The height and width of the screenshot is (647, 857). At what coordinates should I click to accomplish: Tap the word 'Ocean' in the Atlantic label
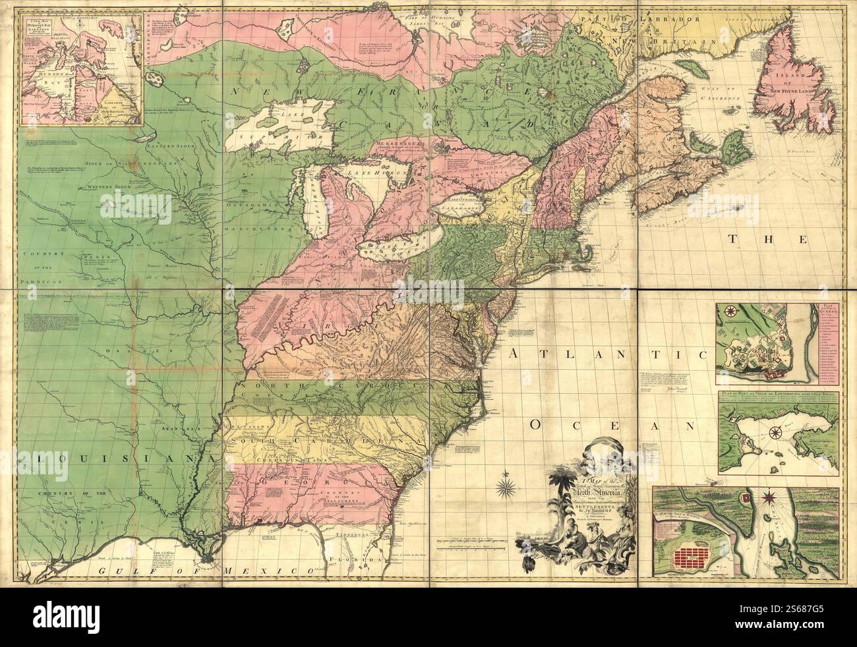pyautogui.click(x=610, y=426)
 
